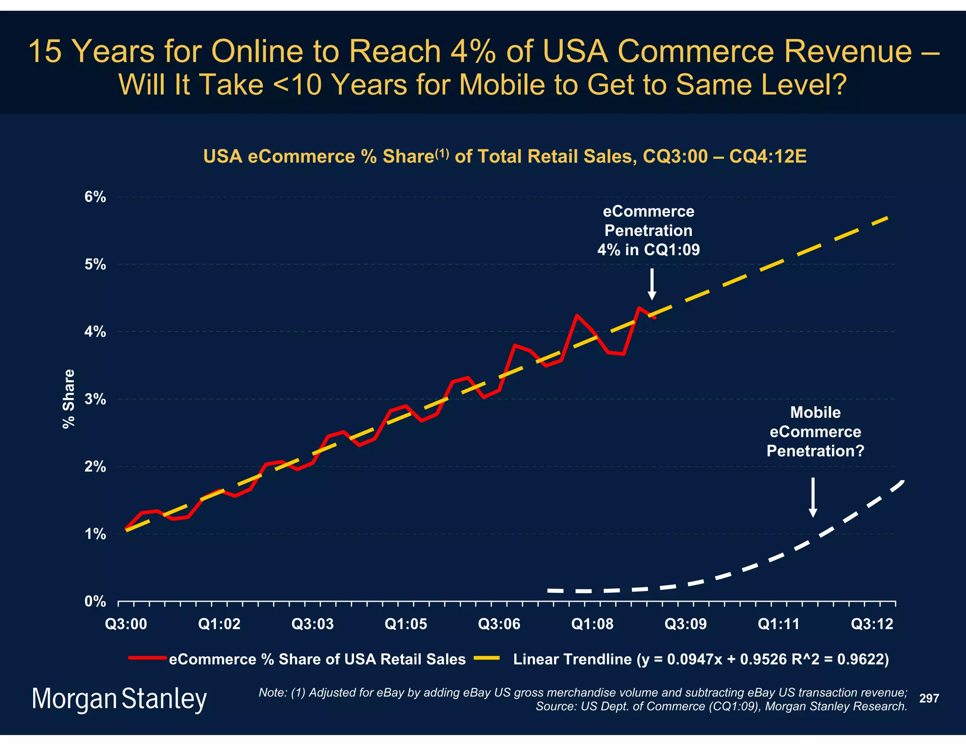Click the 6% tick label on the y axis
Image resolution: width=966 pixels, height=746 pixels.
click(x=95, y=197)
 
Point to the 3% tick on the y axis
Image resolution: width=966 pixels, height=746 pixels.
click(x=95, y=399)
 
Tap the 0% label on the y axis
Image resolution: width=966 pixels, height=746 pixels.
click(x=95, y=602)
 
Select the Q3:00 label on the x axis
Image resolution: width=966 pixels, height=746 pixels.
click(x=126, y=624)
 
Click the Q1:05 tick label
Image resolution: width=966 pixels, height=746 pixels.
click(x=406, y=624)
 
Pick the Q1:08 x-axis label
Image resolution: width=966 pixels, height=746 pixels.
click(x=592, y=624)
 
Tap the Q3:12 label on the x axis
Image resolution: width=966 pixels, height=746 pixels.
click(x=872, y=624)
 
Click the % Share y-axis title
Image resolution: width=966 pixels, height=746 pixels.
click(x=69, y=399)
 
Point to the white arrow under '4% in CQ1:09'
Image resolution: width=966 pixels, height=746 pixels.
click(x=652, y=284)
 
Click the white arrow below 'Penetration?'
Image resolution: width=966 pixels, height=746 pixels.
click(x=813, y=497)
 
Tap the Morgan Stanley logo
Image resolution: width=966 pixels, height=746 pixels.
click(x=119, y=699)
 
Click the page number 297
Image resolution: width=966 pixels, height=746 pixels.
click(x=929, y=698)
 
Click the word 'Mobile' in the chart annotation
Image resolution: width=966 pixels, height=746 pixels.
click(x=815, y=413)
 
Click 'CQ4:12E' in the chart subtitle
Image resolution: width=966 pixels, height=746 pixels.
click(x=767, y=156)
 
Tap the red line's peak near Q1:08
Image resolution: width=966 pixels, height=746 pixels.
click(x=576, y=315)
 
